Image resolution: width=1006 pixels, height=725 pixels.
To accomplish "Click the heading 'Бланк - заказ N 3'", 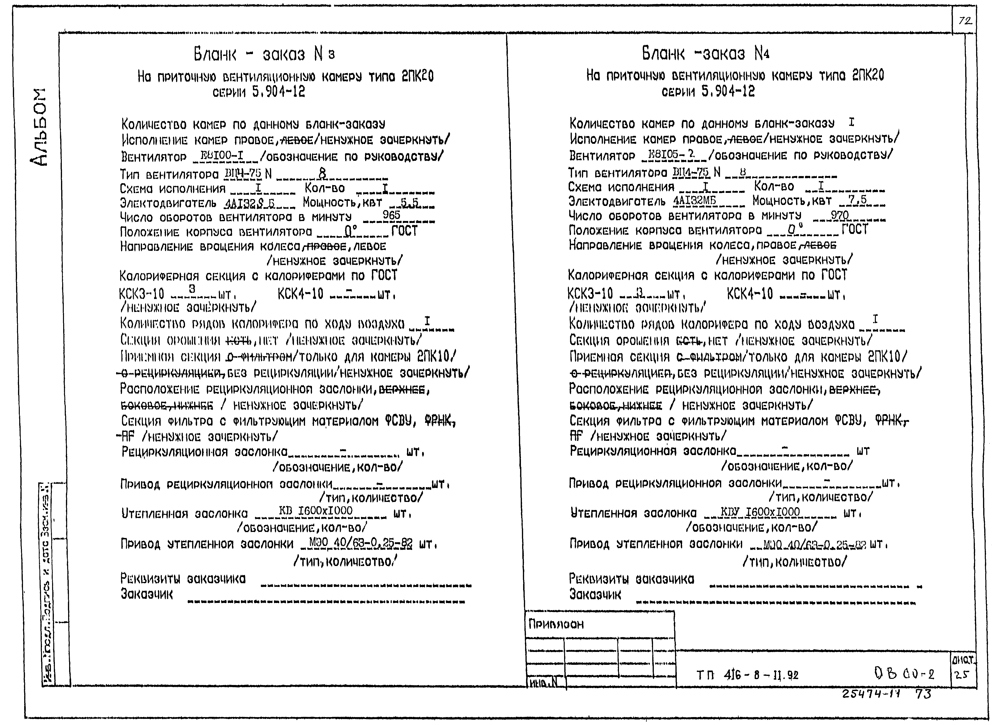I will [x=264, y=54].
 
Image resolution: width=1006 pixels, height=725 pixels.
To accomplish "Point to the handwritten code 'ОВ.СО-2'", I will [x=904, y=675].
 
